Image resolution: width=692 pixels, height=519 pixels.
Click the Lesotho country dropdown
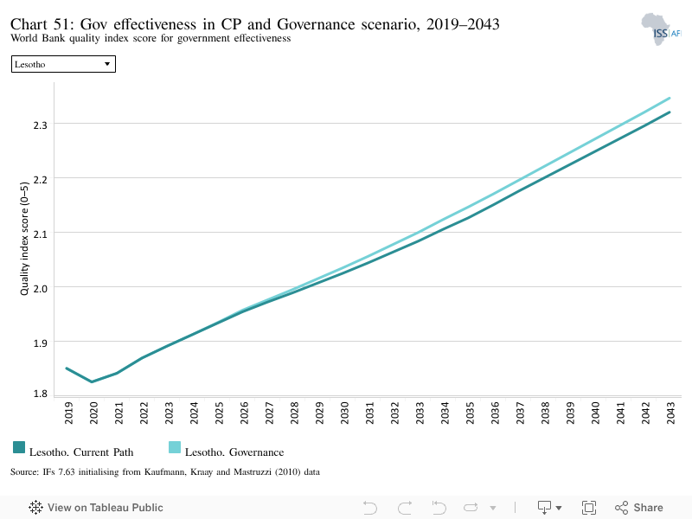[x=63, y=64]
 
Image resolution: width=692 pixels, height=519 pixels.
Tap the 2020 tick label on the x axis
[x=93, y=413]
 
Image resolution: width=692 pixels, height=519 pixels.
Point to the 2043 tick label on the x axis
[x=671, y=413]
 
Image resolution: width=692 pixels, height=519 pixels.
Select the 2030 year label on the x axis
[x=344, y=413]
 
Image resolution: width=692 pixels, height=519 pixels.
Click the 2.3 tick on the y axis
[x=40, y=125]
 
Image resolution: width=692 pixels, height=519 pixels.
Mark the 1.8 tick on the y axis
[x=40, y=394]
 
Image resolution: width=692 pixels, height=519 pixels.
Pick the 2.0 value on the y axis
[x=40, y=289]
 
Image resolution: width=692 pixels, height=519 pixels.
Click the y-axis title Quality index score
[x=24, y=239]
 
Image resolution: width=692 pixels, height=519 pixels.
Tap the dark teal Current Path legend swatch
[x=19, y=447]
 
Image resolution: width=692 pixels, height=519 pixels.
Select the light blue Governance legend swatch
[x=175, y=447]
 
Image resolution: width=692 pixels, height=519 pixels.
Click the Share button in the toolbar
[x=639, y=508]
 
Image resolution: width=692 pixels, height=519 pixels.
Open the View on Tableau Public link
[x=96, y=508]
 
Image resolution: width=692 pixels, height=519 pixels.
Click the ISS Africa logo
[x=661, y=29]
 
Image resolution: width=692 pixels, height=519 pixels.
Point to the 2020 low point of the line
[x=92, y=381]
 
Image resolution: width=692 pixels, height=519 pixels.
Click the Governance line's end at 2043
[x=670, y=98]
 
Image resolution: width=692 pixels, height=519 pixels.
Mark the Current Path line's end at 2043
[x=670, y=112]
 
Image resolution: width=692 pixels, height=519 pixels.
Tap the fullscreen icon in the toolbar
[x=589, y=508]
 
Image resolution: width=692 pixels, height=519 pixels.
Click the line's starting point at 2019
[x=67, y=368]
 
